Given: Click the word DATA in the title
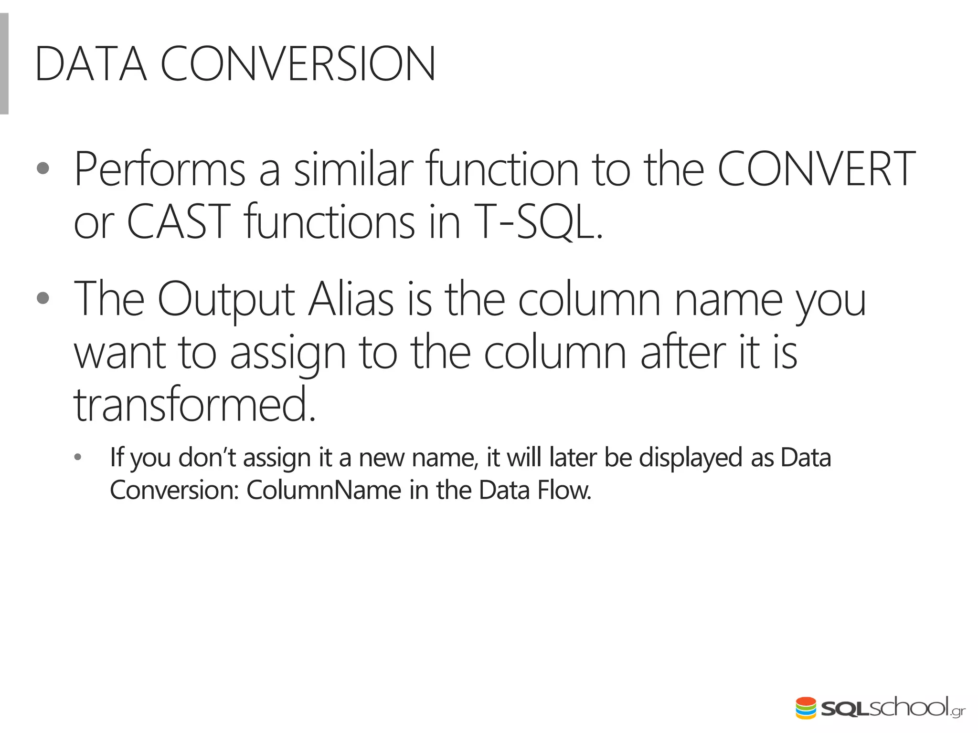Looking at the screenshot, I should [91, 64].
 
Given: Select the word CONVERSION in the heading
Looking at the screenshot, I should [298, 64].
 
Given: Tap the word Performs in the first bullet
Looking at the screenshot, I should [160, 169].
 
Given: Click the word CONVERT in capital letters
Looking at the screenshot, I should [816, 169].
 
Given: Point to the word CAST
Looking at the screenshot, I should [179, 222].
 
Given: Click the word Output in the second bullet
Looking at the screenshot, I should [226, 300].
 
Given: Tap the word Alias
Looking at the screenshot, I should [351, 300].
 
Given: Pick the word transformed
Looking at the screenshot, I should [195, 405].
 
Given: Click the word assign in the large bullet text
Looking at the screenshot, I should [288, 353].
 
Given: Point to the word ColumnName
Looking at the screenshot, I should [324, 490].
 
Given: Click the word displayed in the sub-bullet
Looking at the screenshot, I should [691, 458].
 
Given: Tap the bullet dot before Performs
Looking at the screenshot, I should [43, 168].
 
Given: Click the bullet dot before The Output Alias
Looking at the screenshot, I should [43, 298].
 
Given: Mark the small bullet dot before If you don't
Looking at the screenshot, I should [78, 458].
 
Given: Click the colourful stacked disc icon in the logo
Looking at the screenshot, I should [806, 708].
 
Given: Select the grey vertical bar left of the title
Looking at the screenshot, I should [4, 64].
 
